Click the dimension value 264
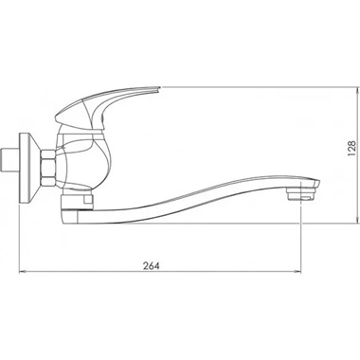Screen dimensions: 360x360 point(151,266)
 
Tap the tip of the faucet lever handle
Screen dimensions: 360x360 point(160,87)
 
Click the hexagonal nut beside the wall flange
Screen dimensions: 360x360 point(48,168)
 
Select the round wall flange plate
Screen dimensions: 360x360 point(29,168)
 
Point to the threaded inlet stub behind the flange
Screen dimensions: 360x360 point(10,161)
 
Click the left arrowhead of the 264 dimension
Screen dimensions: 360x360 point(22,272)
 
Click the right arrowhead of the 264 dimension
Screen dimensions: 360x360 point(298,272)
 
